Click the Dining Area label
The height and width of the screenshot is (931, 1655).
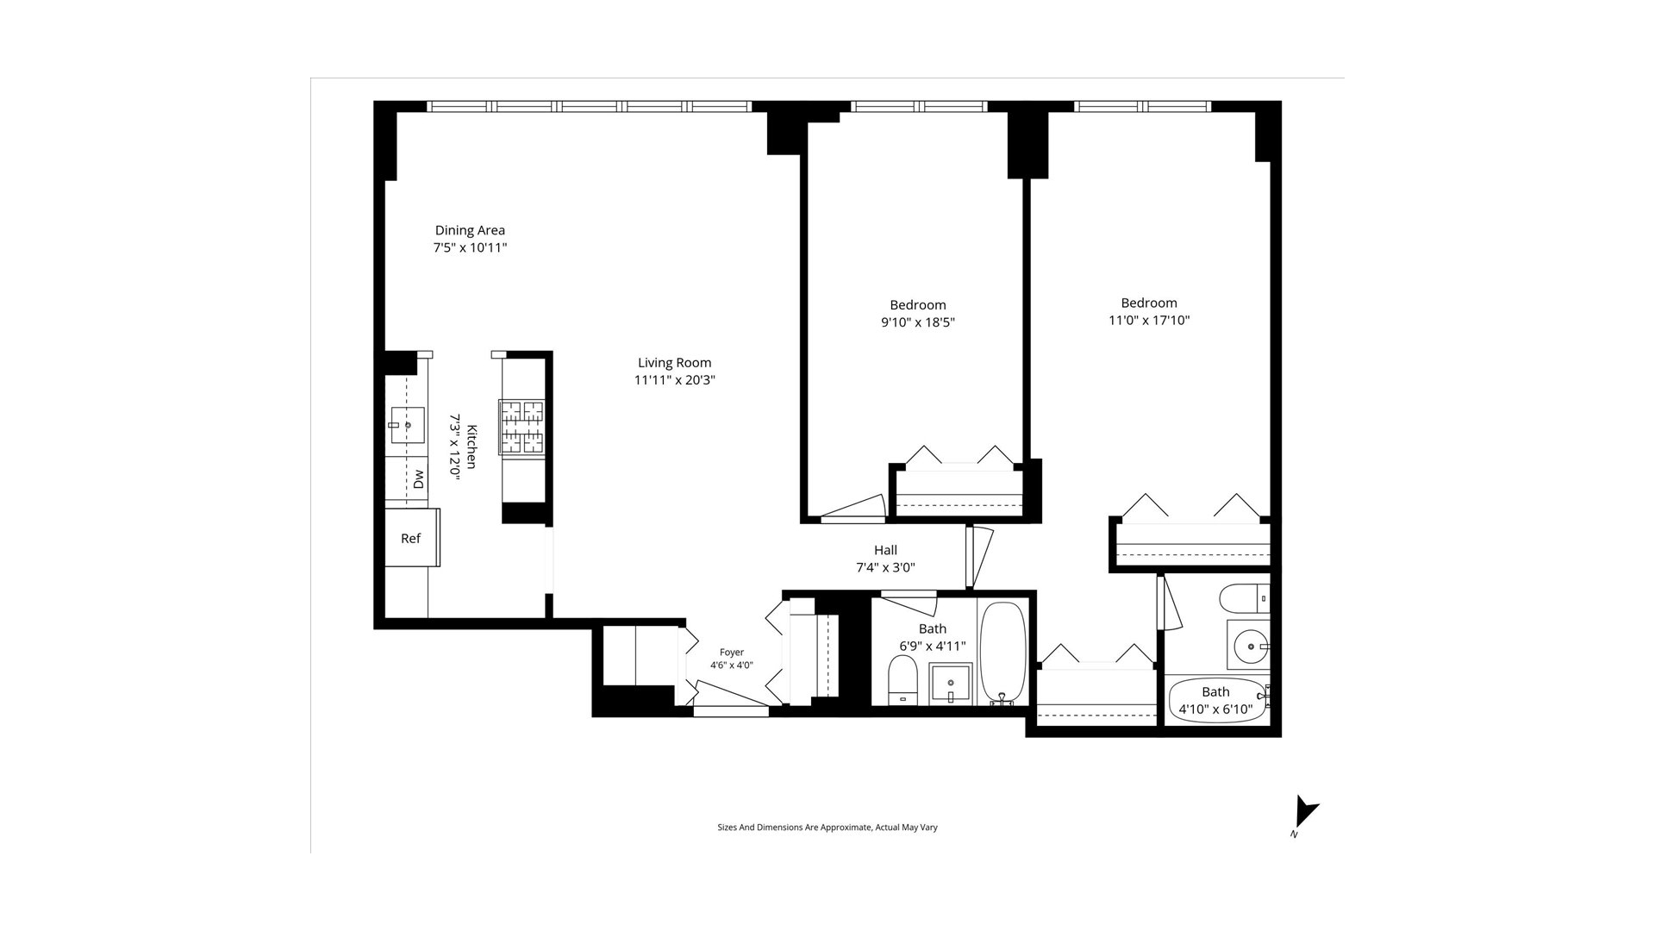470,230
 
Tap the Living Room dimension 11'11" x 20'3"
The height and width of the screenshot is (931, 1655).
675,380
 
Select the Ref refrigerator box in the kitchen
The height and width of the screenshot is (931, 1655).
412,538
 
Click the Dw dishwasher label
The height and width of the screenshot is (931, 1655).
419,479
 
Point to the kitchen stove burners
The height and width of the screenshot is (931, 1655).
521,427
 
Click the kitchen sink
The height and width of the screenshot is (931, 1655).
407,425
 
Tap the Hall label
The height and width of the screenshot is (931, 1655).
885,550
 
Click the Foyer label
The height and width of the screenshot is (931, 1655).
732,653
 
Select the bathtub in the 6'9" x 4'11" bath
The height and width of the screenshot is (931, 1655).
1003,653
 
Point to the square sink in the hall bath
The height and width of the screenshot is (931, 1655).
950,684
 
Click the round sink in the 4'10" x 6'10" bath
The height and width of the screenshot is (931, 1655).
1248,645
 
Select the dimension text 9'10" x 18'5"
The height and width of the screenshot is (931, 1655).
918,322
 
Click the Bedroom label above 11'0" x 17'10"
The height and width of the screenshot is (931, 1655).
1149,303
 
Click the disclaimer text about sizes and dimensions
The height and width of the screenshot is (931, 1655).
827,828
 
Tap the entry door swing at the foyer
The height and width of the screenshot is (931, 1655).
731,697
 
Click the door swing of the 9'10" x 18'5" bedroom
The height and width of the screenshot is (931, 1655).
853,509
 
